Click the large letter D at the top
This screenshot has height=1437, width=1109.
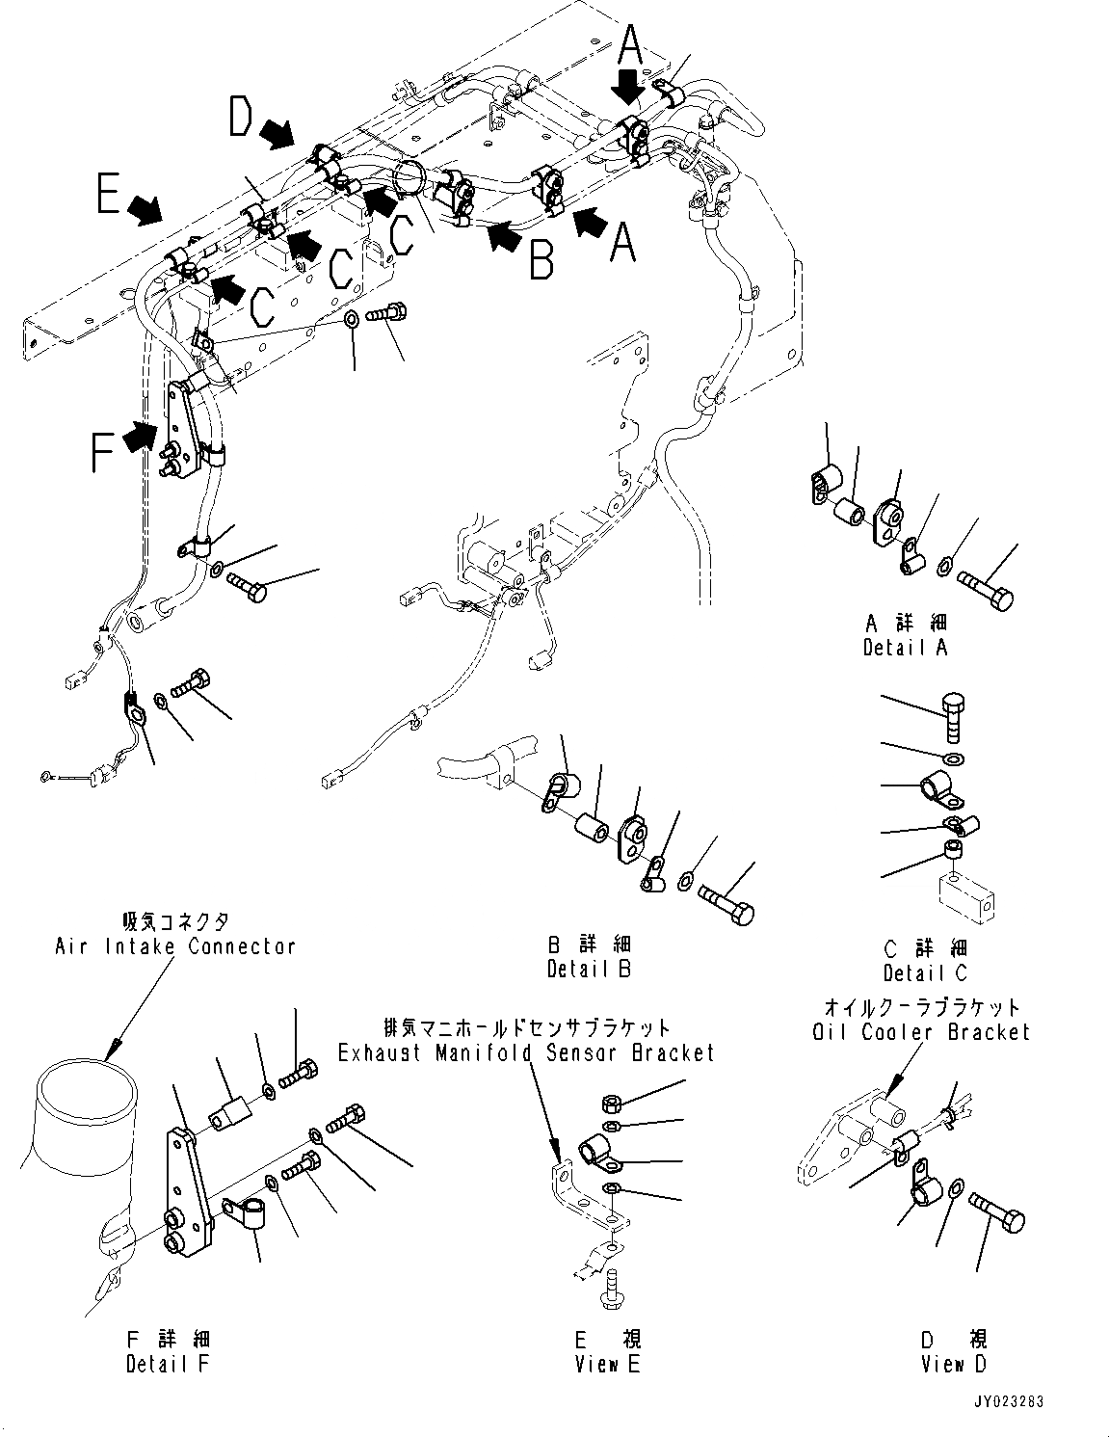point(242,119)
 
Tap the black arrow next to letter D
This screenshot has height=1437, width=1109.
point(279,133)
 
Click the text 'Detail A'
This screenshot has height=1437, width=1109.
point(905,647)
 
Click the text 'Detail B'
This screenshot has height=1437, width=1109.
point(589,969)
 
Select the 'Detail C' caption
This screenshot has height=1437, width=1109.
point(925,972)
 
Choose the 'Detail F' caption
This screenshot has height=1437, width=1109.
point(167,1363)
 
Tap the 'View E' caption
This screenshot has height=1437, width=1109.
point(607,1363)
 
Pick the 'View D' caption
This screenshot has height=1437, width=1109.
point(954,1363)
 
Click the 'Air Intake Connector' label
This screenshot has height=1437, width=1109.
point(174,945)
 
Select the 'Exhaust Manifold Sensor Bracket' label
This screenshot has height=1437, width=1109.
point(526,1052)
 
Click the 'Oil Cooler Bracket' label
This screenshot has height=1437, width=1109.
point(920,1031)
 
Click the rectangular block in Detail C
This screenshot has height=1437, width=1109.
point(966,894)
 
